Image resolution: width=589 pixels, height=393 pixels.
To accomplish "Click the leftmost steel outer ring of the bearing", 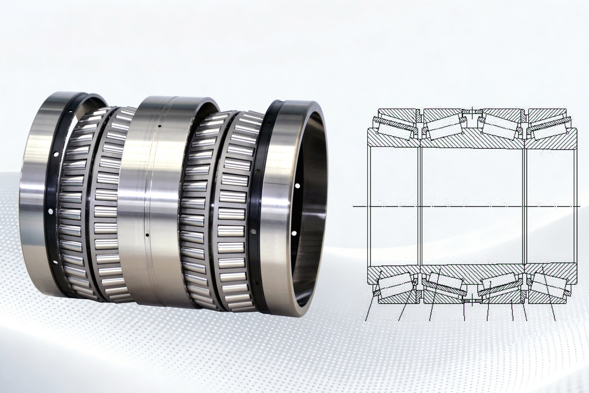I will pyautogui.click(x=37, y=196).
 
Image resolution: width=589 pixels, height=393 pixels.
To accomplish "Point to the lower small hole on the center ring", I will pyautogui.click(x=147, y=235).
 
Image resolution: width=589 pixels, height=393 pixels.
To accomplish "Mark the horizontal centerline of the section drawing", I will pyautogui.click(x=471, y=206).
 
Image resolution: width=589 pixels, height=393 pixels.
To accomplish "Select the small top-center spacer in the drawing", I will pyautogui.click(x=471, y=115).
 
